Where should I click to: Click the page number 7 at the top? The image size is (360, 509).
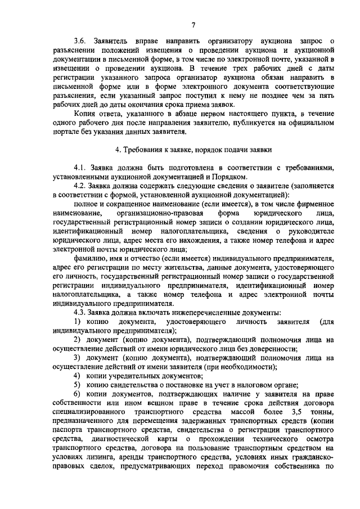pyautogui.click(x=192, y=24)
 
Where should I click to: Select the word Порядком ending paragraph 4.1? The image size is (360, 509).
pyautogui.click(x=229, y=177)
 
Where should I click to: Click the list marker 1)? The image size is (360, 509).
pyautogui.click(x=79, y=321)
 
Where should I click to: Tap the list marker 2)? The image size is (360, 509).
pyautogui.click(x=79, y=340)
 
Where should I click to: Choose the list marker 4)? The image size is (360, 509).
pyautogui.click(x=79, y=376)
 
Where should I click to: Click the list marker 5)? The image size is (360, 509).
pyautogui.click(x=79, y=385)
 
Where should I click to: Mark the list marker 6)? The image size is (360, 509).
pyautogui.click(x=79, y=394)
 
